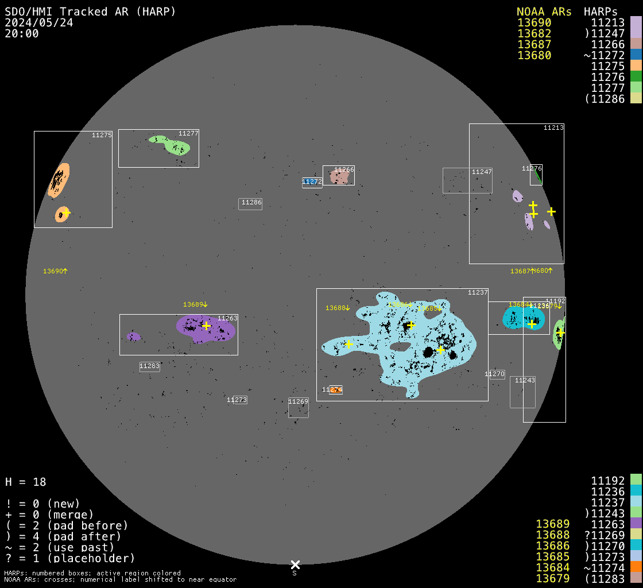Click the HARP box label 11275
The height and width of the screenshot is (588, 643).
point(102,135)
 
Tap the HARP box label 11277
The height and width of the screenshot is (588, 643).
point(188,133)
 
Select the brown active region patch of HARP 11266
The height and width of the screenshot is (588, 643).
point(339,177)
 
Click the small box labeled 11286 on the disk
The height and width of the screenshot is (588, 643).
point(251,203)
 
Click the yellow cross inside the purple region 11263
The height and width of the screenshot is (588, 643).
point(207,326)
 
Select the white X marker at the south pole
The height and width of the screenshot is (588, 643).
point(295,564)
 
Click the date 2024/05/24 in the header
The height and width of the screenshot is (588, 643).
point(38,22)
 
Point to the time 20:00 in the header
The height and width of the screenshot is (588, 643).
point(21,33)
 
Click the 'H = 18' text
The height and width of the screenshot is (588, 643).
point(25,482)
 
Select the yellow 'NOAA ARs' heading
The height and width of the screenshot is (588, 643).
point(544,11)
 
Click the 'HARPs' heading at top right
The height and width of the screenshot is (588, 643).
point(601,11)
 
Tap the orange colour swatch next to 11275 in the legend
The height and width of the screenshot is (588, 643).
point(636,66)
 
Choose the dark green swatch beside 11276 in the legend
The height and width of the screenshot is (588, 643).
point(636,77)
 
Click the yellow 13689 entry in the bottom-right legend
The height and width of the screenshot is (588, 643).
point(552,524)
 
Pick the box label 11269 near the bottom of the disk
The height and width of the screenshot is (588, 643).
point(299,401)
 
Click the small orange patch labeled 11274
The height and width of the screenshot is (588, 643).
point(336,390)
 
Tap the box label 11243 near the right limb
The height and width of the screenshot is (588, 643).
point(525,380)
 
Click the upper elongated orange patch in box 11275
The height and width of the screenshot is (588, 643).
point(58,180)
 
